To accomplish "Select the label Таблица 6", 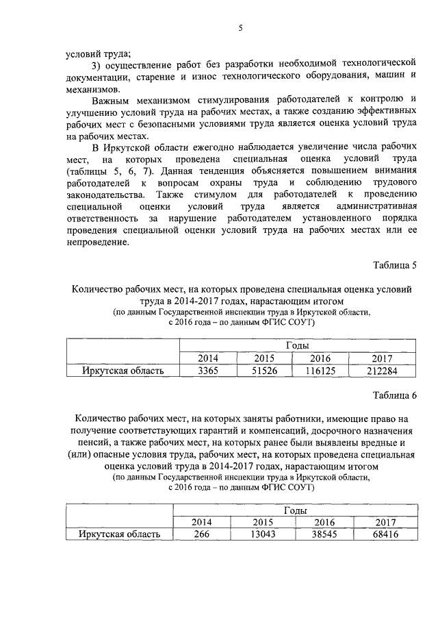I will click(x=395, y=396).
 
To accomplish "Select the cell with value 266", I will click(x=202, y=534).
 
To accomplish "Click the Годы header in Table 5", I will click(x=295, y=345).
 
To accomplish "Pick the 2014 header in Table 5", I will click(x=207, y=358).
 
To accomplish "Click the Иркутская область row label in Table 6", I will click(x=120, y=534).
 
